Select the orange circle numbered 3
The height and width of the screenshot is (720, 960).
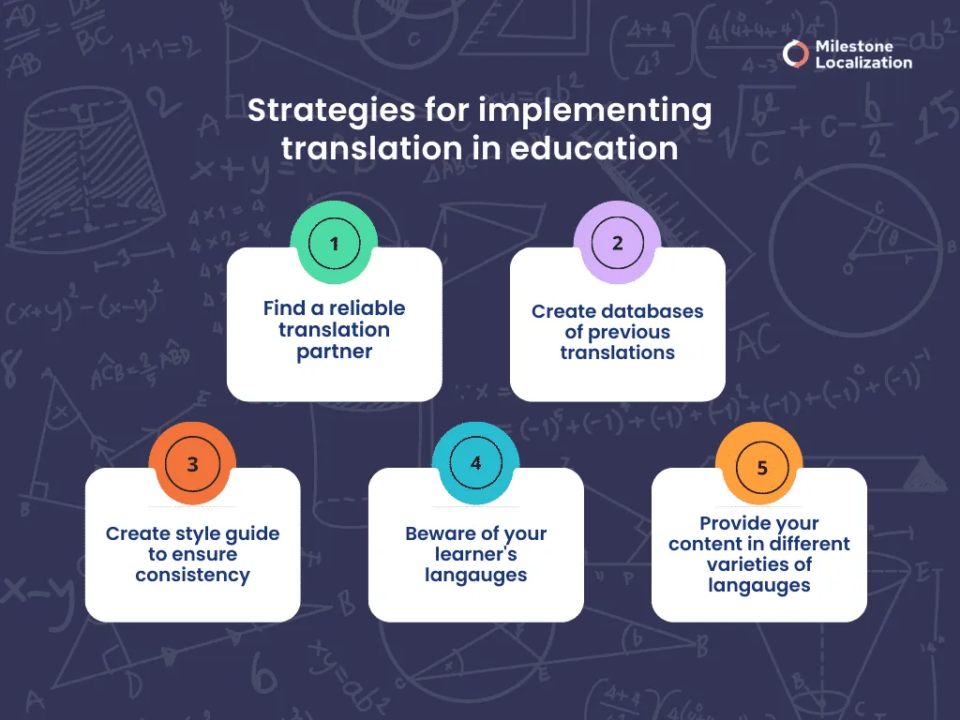pyautogui.click(x=193, y=465)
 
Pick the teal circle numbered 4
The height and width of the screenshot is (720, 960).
pyautogui.click(x=476, y=465)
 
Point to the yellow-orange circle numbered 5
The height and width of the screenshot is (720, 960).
pyautogui.click(x=760, y=466)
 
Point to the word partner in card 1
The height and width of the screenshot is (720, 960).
pyautogui.click(x=335, y=352)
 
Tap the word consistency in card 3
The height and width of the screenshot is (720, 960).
pyautogui.click(x=193, y=575)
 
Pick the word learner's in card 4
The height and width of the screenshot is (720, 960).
pyautogui.click(x=476, y=554)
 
